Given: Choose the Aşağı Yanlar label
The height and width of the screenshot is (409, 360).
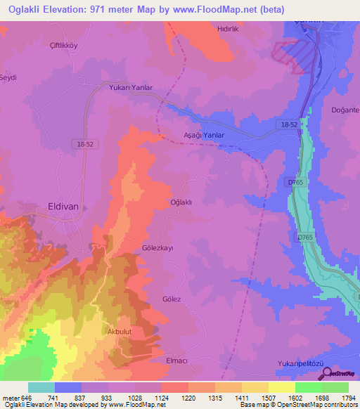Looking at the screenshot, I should [x=203, y=135].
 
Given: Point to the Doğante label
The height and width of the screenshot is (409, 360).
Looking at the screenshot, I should [x=345, y=110].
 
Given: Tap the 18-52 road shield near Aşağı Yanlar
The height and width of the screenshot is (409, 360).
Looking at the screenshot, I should [x=289, y=124].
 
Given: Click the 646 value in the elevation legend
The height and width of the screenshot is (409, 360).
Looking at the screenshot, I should [x=21, y=398].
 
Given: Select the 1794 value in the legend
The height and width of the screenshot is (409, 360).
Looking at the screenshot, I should [x=348, y=398].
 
